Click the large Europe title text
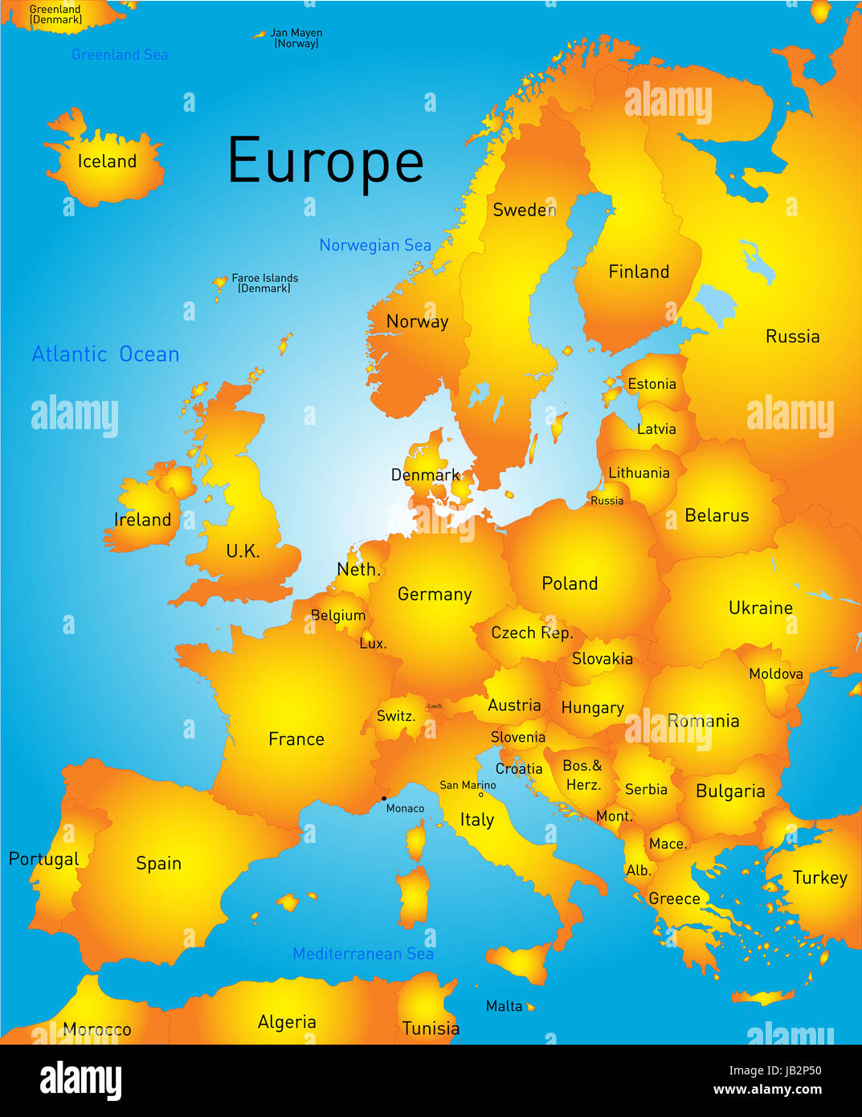(x=325, y=162)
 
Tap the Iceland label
(x=107, y=162)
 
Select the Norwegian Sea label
(x=375, y=245)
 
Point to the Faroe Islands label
(x=264, y=283)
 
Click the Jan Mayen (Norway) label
(x=296, y=38)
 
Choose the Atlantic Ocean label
(x=105, y=354)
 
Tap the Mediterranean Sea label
(x=363, y=954)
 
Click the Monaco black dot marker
(x=383, y=799)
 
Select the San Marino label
(x=468, y=785)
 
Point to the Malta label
(x=504, y=1006)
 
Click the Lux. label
(x=373, y=644)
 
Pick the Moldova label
(x=775, y=674)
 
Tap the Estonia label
(x=652, y=384)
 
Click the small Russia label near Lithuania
(x=607, y=501)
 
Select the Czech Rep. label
(x=532, y=633)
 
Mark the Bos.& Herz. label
(x=582, y=775)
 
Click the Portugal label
(x=43, y=859)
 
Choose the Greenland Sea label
(x=120, y=55)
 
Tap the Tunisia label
(x=431, y=1029)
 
